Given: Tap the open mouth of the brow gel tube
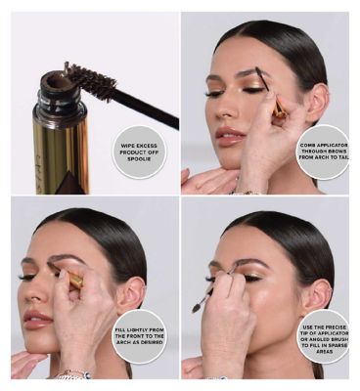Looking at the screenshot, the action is [59, 81].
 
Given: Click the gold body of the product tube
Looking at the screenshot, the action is [61, 153].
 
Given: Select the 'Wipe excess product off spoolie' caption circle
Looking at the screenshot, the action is [139, 152].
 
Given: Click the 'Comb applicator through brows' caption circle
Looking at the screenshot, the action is [323, 152].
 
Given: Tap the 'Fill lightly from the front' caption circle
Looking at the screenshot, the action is [139, 336].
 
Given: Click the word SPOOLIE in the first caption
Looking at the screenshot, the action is [139, 159].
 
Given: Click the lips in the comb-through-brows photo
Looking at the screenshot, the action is [230, 136].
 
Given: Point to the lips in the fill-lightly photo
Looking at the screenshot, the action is [37, 320].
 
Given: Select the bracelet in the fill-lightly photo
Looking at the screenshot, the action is [72, 373].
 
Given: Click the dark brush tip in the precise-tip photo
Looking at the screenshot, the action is [197, 308].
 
